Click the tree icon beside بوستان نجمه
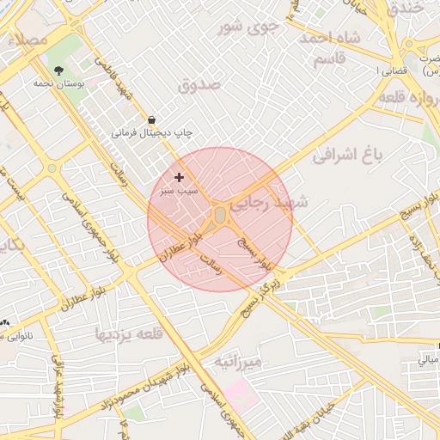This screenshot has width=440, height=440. [x=58, y=71]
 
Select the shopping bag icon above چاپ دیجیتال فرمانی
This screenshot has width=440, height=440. [x=151, y=120]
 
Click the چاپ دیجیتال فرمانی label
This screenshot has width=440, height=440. [x=151, y=134]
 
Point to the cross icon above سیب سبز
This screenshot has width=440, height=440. [x=179, y=177]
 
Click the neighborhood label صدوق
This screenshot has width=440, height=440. [x=199, y=85]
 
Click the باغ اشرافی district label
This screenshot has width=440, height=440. [x=346, y=156]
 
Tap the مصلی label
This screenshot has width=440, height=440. [x=26, y=40]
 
